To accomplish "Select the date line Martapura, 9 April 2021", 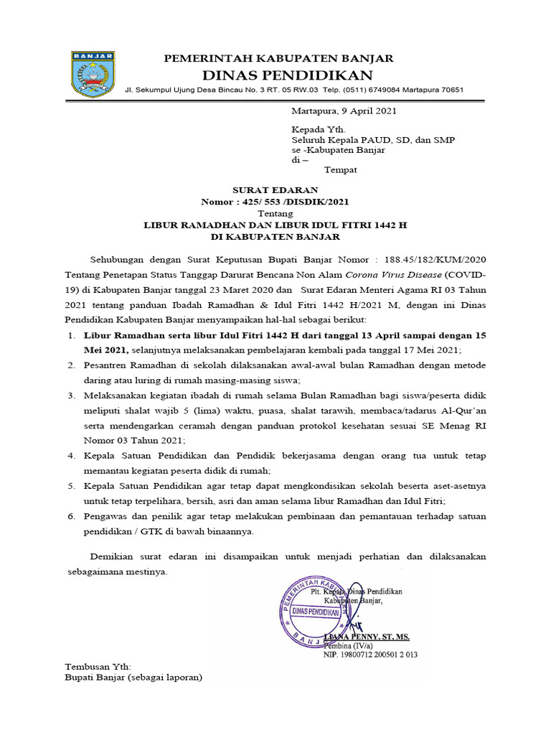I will click(x=344, y=111).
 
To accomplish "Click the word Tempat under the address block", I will click(x=341, y=170).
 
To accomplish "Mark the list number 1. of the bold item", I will click(x=70, y=335).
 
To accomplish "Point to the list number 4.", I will click(x=70, y=455).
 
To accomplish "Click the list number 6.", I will click(x=70, y=517).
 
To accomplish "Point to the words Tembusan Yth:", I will click(x=98, y=666).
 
